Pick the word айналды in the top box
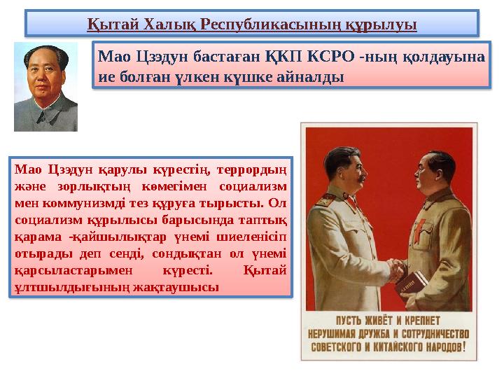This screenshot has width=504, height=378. pos(314,76)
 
